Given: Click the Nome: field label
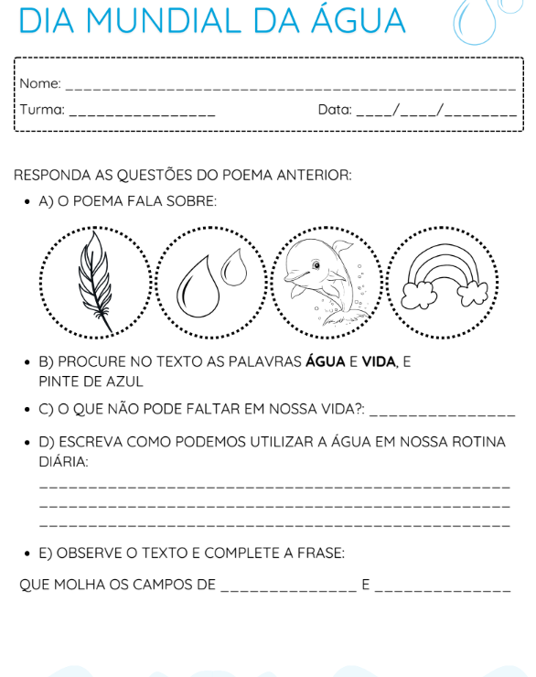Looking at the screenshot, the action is click(39, 84).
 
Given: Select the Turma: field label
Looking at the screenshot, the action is click(42, 110).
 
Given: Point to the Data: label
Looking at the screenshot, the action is click(335, 110).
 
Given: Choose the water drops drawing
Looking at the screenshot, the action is click(210, 281).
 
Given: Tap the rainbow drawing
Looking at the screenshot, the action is click(444, 274).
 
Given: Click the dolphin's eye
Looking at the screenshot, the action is click(316, 265).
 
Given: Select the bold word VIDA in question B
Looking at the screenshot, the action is click(378, 362).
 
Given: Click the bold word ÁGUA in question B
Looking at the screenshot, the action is click(325, 362).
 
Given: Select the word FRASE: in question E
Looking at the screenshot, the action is click(319, 553).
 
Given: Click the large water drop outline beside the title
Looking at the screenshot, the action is click(474, 23).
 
